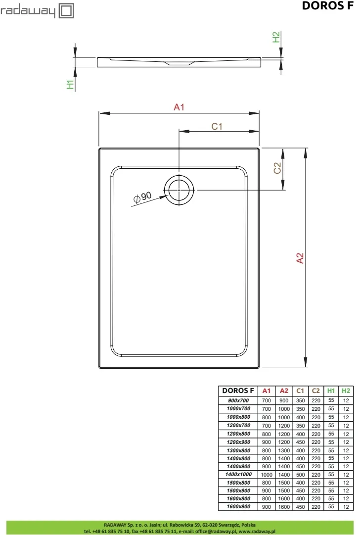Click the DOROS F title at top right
tap(328, 5)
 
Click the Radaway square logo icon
tap(66, 10)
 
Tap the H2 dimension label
tap(276, 37)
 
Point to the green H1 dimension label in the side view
tap(70, 85)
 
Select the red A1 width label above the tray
tap(179, 107)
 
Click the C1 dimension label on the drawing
tap(217, 127)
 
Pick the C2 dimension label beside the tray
tap(277, 168)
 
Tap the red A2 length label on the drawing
tap(300, 258)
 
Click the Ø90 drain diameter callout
tap(142, 197)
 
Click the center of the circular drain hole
tap(179, 190)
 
